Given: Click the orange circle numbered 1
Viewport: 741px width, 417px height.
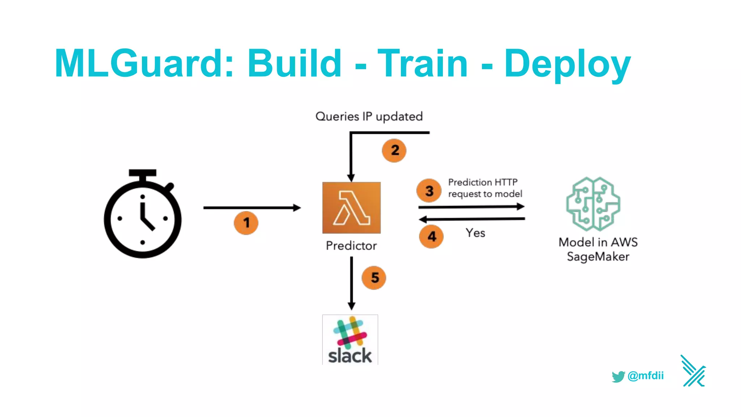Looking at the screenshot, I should (x=246, y=223).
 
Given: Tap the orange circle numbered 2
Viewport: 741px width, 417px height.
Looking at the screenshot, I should (x=394, y=150).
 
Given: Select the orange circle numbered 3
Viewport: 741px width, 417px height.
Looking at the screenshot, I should (x=429, y=190).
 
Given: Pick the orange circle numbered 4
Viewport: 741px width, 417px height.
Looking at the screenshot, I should (x=431, y=236).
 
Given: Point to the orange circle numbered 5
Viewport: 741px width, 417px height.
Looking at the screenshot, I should (x=374, y=278).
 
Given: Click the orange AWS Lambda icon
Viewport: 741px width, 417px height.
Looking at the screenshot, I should (x=351, y=208).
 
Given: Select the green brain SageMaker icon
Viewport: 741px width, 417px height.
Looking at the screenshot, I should (x=593, y=204).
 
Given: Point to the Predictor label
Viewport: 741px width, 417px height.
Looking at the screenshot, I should (x=351, y=246).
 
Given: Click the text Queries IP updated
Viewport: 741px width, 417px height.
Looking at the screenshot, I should (x=369, y=117).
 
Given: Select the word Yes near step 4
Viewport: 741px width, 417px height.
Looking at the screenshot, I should (x=475, y=233).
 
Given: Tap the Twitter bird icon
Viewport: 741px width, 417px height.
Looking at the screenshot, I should (x=618, y=376).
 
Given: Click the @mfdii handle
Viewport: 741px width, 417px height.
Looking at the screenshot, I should (x=645, y=376).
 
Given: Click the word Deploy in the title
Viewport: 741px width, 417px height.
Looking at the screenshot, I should (x=567, y=64).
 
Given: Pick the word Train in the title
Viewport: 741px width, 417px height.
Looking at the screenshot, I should (x=423, y=64).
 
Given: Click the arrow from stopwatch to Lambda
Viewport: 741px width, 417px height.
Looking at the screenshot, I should (x=252, y=208).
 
